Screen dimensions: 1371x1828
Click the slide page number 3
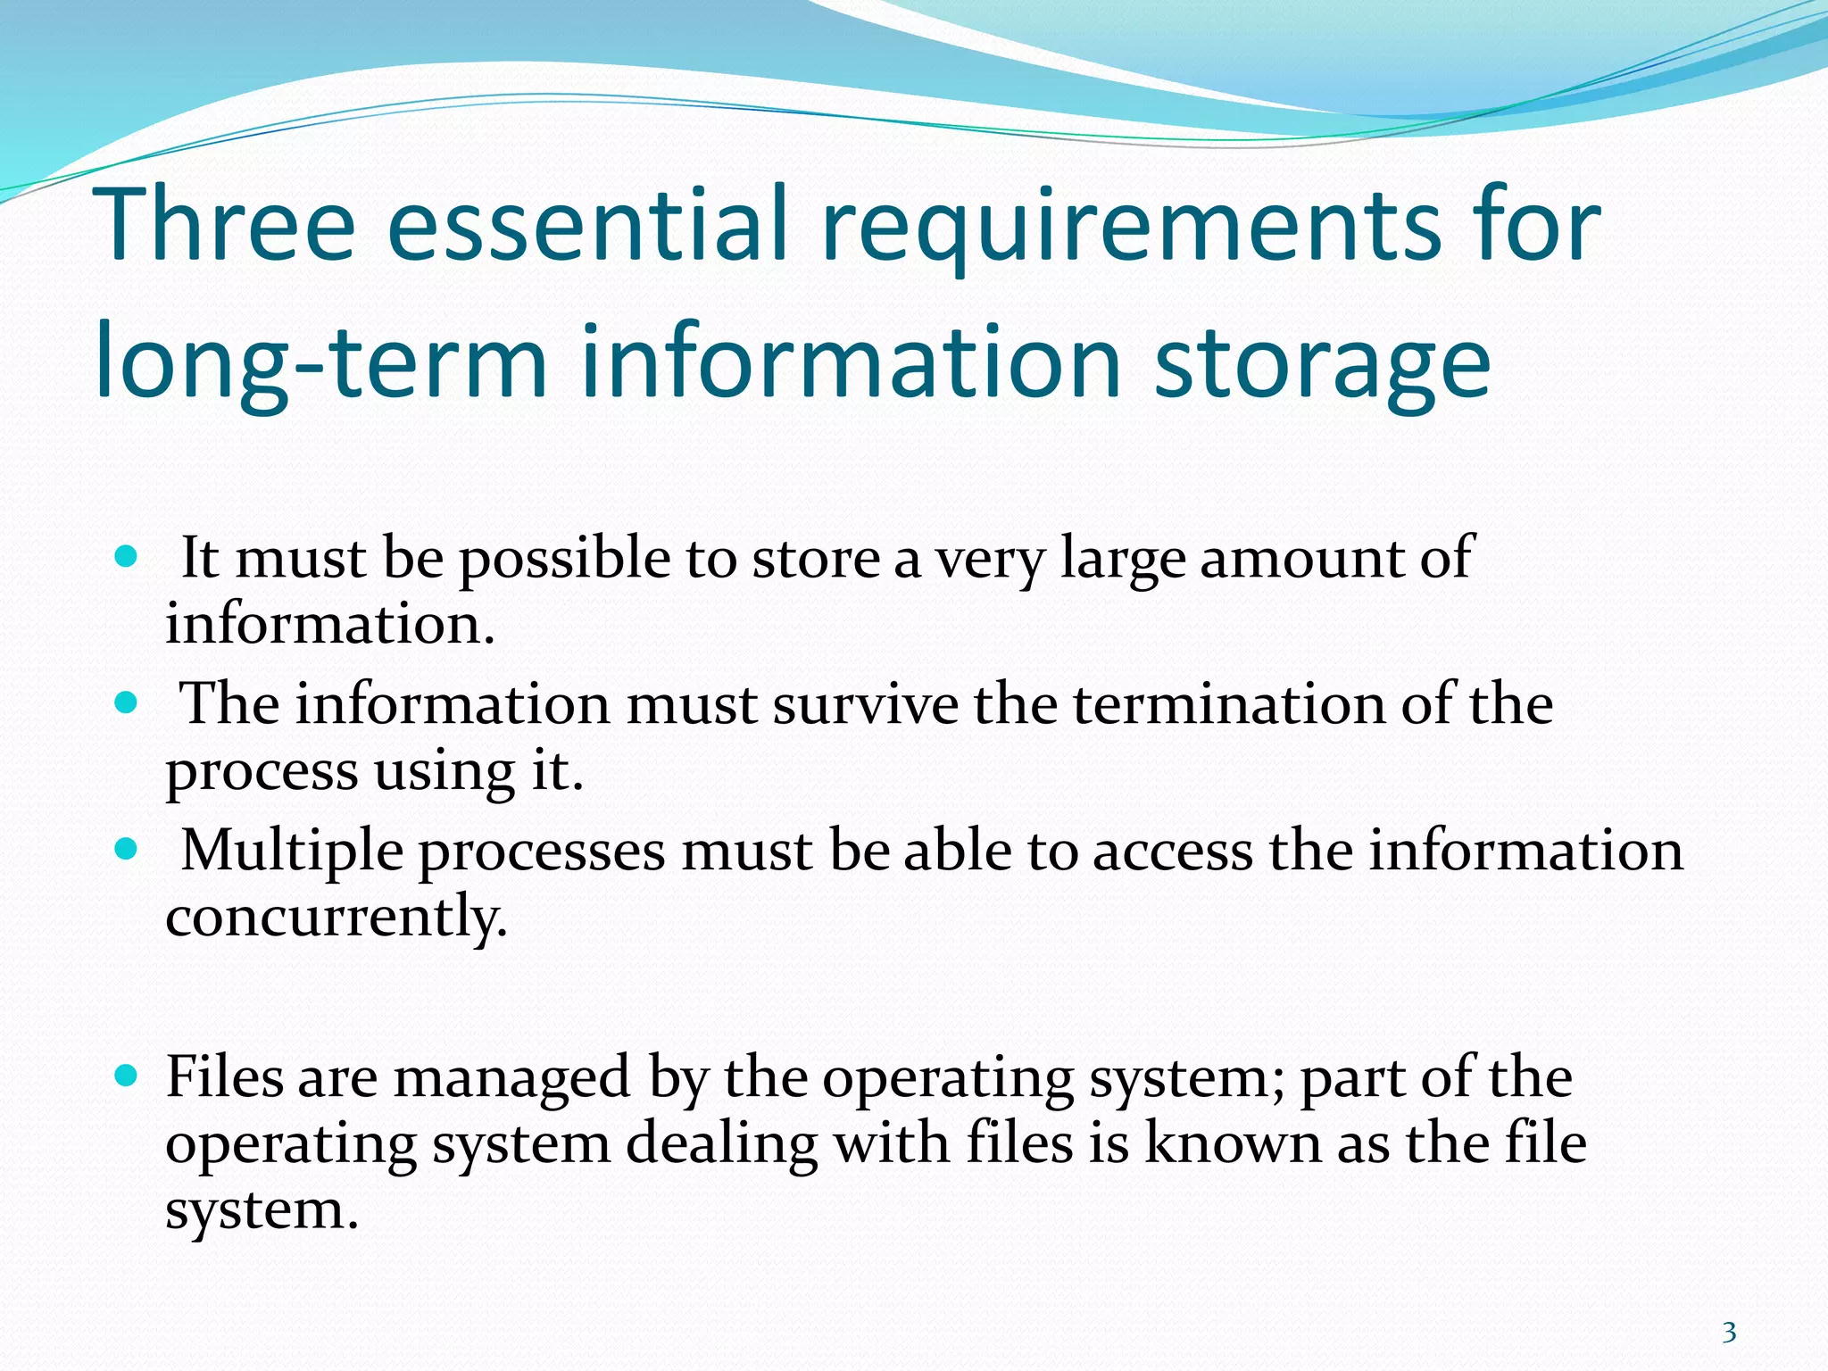(1729, 1333)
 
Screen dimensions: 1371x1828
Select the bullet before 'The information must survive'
(127, 703)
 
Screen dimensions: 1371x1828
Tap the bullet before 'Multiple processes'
(127, 849)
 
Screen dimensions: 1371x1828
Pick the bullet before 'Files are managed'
(127, 1076)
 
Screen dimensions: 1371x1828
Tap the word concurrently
(337, 918)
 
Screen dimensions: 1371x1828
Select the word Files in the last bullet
(224, 1076)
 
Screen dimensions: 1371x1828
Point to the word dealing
(721, 1145)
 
